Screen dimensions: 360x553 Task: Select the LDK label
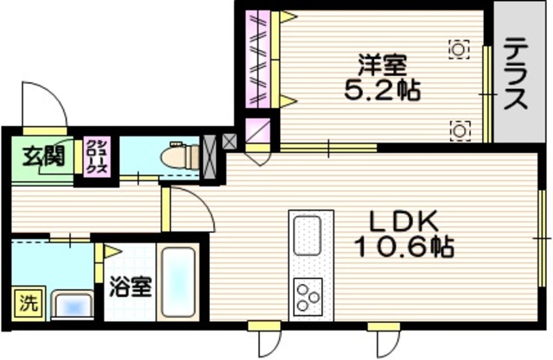click(x=402, y=221)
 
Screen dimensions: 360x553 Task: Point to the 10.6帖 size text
click(x=404, y=248)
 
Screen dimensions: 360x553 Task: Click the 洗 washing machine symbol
click(x=29, y=304)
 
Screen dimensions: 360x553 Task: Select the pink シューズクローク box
click(x=95, y=157)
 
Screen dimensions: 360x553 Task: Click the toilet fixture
click(x=175, y=156)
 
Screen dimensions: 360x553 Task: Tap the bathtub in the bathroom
click(x=180, y=285)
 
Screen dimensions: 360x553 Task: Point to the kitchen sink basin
click(x=311, y=236)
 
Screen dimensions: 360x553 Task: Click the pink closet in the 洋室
click(x=257, y=59)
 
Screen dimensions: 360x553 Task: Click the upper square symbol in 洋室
click(x=459, y=49)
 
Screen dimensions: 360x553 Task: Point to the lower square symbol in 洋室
click(x=459, y=129)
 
